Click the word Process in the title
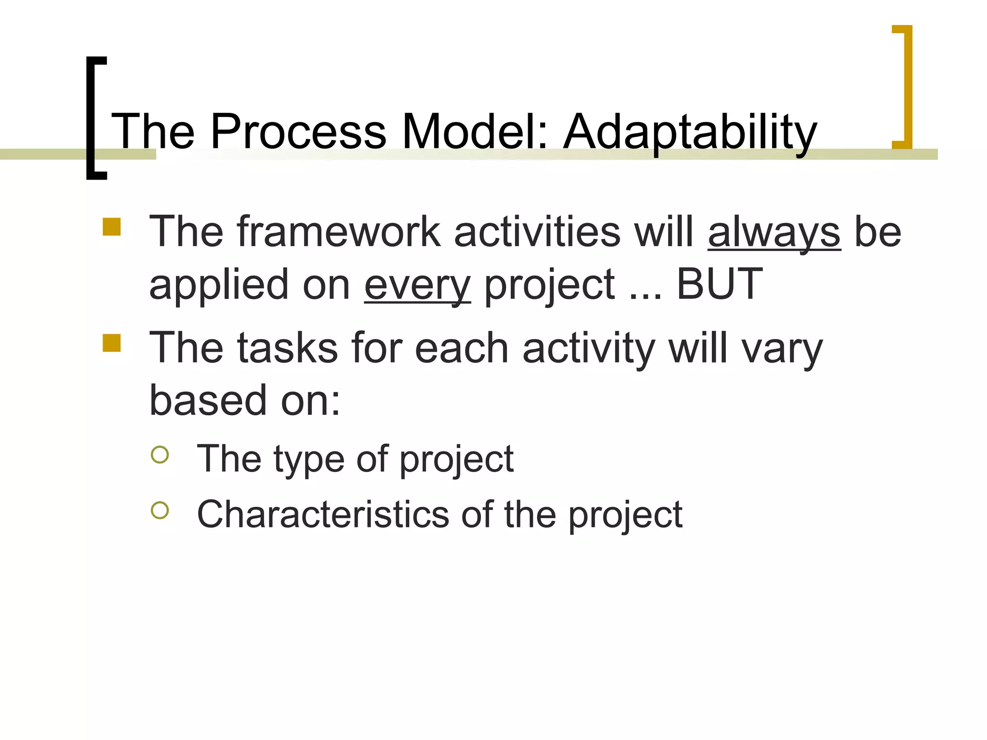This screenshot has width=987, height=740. (298, 131)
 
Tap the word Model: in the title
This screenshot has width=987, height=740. (475, 131)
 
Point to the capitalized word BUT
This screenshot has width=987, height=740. (720, 284)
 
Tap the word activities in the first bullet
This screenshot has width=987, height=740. (537, 232)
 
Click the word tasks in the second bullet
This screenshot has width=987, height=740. (287, 348)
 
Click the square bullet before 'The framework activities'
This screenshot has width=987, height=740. (111, 227)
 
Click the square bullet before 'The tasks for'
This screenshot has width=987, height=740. (111, 344)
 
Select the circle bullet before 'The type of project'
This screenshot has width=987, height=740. (160, 454)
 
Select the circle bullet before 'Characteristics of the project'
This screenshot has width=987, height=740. (160, 510)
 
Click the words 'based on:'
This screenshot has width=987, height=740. (244, 401)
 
